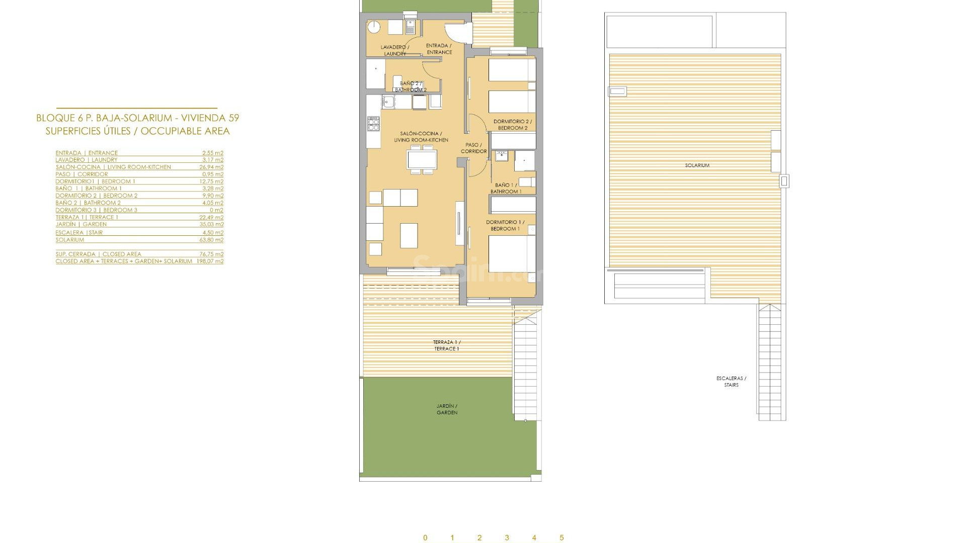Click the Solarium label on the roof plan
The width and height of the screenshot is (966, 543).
tap(697, 165)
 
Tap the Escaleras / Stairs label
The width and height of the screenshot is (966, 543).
tap(731, 382)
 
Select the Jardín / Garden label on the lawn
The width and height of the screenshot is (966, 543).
tap(447, 409)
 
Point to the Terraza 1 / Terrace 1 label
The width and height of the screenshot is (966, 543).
tap(447, 345)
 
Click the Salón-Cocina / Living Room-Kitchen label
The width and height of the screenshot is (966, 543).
tap(421, 137)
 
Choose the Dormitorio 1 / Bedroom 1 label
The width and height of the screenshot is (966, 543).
tap(505, 225)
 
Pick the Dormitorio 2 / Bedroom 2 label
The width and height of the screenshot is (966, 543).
tap(513, 125)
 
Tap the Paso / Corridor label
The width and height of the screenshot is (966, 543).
tap(473, 148)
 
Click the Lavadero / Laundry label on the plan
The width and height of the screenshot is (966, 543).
tap(394, 50)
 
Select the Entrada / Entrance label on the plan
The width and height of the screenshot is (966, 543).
tap(439, 49)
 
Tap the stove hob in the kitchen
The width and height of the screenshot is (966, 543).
tap(373, 124)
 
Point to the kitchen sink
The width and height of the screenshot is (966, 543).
tap(388, 102)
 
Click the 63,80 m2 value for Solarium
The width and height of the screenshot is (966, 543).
tap(211, 240)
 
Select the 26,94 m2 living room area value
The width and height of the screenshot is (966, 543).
tap(211, 167)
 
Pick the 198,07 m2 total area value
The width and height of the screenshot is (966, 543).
tap(210, 261)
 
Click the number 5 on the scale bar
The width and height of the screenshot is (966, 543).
tap(561, 537)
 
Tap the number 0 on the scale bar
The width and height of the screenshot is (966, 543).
tap(425, 537)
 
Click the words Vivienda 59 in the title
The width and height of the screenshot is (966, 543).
tap(210, 118)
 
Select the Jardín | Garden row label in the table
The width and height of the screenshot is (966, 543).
tap(81, 224)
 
